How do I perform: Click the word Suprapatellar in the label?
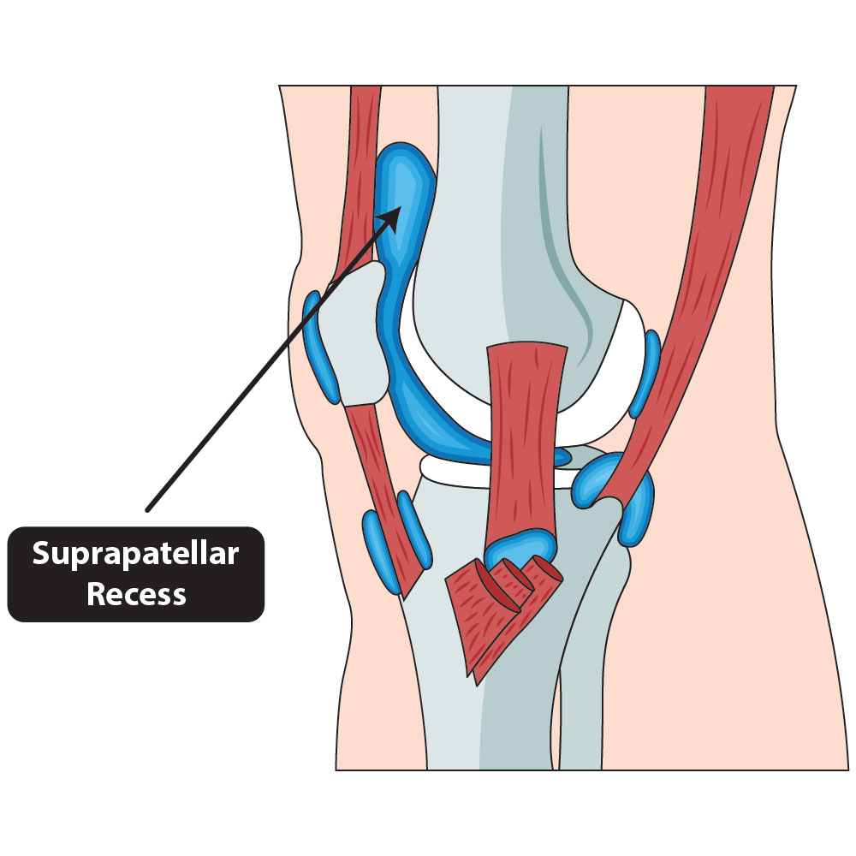pos(135,555)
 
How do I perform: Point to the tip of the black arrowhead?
pos(399,208)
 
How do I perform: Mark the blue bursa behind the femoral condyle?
pos(644,373)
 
